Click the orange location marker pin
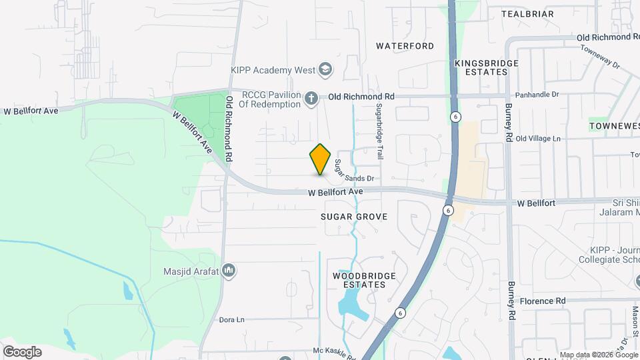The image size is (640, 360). click(321, 159)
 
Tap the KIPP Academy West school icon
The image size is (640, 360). click(325, 69)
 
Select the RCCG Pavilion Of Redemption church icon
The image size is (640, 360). click(311, 99)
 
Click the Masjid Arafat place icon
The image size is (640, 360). click(229, 271)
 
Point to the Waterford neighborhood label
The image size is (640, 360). click(405, 46)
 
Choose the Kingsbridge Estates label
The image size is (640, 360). click(486, 67)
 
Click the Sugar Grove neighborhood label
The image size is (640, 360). click(354, 217)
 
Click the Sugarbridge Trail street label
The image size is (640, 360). click(379, 130)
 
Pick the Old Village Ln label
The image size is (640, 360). click(538, 138)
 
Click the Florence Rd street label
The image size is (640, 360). click(543, 301)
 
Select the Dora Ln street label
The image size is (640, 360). click(232, 319)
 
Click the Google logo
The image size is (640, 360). click(22, 351)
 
